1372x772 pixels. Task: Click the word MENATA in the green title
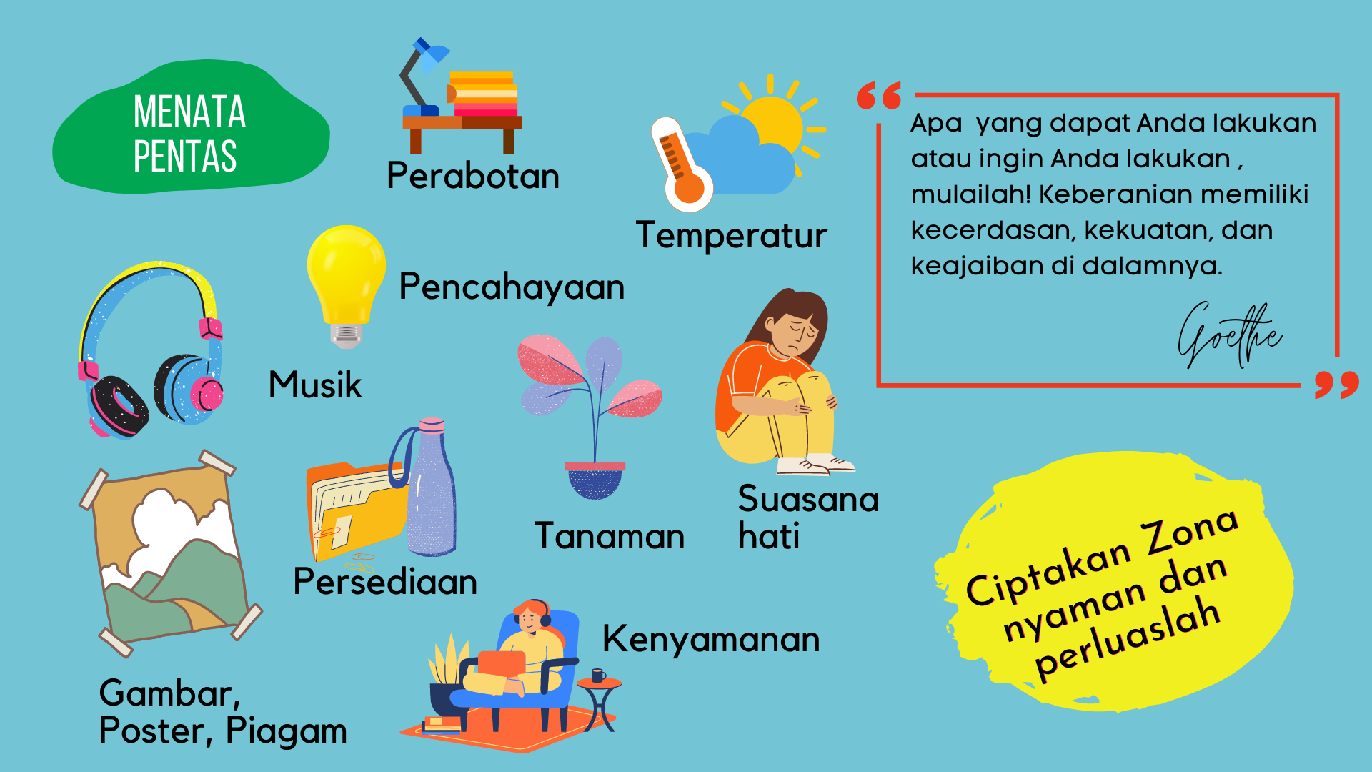click(x=189, y=112)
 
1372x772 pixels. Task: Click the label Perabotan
click(x=473, y=176)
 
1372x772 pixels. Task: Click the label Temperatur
click(x=732, y=236)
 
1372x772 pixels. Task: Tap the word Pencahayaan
click(x=512, y=287)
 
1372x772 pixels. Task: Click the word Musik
click(x=315, y=385)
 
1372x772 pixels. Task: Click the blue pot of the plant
click(x=595, y=480)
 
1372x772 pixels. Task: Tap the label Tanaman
click(x=610, y=536)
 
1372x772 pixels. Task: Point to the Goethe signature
click(x=1229, y=335)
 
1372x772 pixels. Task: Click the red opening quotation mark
click(x=879, y=96)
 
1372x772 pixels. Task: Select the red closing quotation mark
click(x=1337, y=385)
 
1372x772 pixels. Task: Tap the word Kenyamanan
click(x=711, y=639)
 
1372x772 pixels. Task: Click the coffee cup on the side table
click(x=599, y=675)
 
